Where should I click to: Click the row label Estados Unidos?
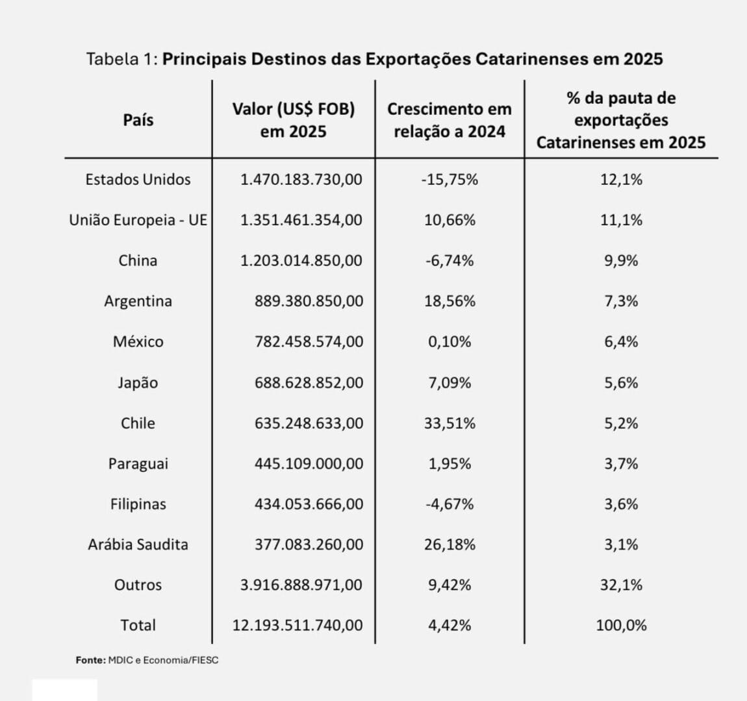pyautogui.click(x=138, y=179)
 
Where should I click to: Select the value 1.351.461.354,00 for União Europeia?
pyautogui.click(x=301, y=220)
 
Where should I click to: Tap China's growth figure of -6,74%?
pyautogui.click(x=449, y=260)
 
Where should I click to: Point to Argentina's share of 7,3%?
pyautogui.click(x=621, y=301)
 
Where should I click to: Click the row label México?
pyautogui.click(x=138, y=341)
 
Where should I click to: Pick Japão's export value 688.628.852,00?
pyautogui.click(x=309, y=382)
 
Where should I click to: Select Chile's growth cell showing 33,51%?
pyautogui.click(x=449, y=423)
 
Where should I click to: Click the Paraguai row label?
pyautogui.click(x=138, y=463)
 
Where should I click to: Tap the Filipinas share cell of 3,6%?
pyautogui.click(x=621, y=504)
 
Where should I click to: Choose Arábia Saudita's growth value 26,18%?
pyautogui.click(x=449, y=544)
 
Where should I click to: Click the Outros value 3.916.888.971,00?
pyautogui.click(x=301, y=585)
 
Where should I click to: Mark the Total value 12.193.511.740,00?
pyautogui.click(x=298, y=625)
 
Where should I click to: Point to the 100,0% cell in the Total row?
pyautogui.click(x=621, y=625)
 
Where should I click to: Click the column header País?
pyautogui.click(x=138, y=120)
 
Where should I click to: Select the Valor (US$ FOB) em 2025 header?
pyautogui.click(x=294, y=120)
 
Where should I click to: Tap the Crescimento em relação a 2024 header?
pyautogui.click(x=449, y=120)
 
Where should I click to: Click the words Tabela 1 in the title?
pyautogui.click(x=121, y=59)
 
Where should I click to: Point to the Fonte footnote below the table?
pyautogui.click(x=147, y=660)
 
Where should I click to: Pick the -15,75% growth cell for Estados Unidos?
pyautogui.click(x=449, y=179)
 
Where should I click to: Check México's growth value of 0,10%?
pyautogui.click(x=449, y=341)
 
